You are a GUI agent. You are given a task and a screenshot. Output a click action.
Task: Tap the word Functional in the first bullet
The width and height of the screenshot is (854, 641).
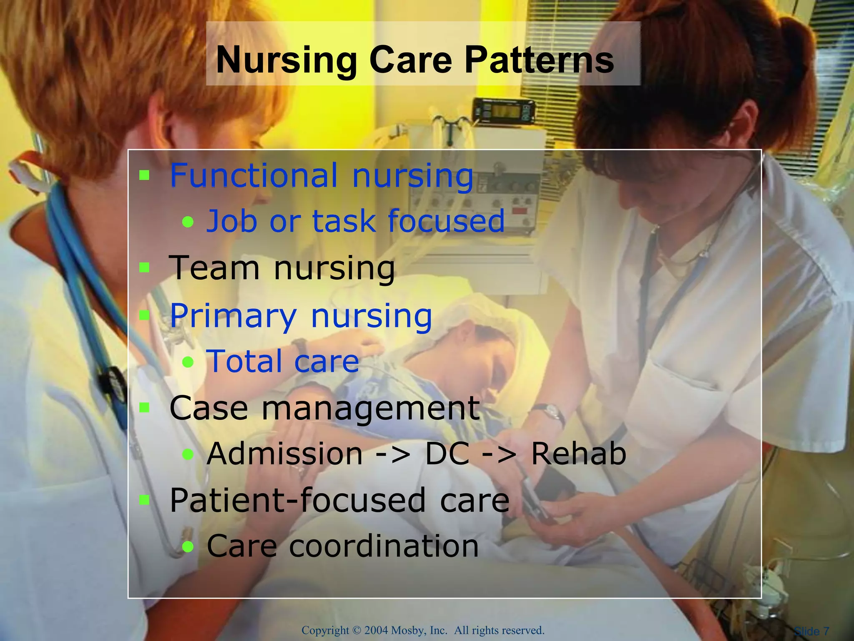254,176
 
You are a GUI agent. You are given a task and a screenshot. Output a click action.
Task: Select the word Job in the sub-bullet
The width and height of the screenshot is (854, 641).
232,221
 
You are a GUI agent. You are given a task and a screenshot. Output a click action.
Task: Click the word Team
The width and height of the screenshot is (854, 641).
214,268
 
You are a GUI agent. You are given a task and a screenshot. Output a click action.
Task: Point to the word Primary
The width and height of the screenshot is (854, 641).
234,316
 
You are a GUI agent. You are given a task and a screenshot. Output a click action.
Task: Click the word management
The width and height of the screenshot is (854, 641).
370,409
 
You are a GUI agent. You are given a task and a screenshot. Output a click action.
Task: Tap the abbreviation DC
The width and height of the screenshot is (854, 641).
447,454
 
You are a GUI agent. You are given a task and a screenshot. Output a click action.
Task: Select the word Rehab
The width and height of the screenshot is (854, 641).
578,454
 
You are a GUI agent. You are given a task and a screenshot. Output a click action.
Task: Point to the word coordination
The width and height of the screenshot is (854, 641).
384,546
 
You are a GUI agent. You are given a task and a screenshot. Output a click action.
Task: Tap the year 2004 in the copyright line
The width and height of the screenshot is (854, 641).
376,630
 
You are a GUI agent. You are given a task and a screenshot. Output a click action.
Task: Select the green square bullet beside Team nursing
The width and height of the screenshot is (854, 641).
144,267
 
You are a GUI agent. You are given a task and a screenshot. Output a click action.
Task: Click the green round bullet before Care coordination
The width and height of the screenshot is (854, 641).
188,546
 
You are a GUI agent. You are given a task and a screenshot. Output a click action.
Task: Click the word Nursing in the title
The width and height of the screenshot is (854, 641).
287,61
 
